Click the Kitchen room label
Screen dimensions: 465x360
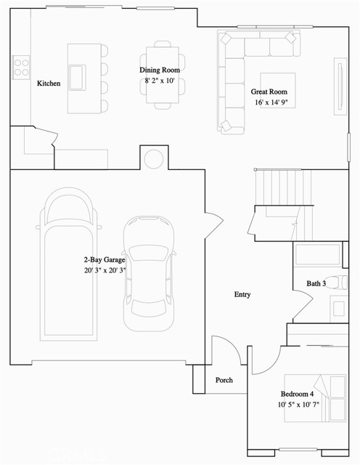point(49,84)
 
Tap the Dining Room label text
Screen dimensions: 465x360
point(160,70)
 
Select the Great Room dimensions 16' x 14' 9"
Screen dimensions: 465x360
point(273,102)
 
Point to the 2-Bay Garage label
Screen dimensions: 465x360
point(105,259)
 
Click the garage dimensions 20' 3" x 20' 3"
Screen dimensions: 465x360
point(105,270)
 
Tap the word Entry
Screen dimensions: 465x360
point(242,294)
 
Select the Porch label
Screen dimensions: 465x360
point(224,380)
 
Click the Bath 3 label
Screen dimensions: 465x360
point(315,283)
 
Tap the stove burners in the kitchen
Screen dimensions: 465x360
point(20,67)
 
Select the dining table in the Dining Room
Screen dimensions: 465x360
point(160,76)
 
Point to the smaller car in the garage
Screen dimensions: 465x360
point(150,272)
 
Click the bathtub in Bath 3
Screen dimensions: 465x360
point(317,255)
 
